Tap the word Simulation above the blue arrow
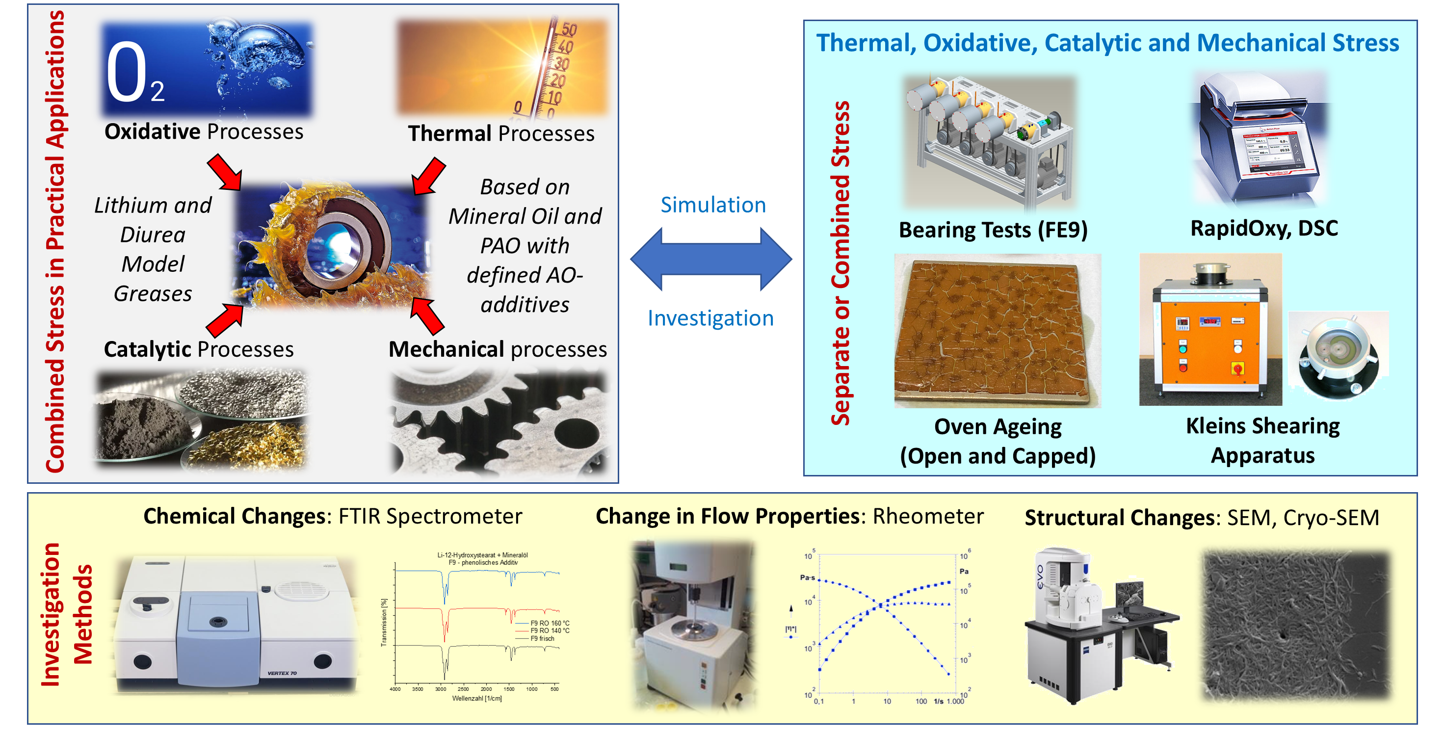[x=713, y=205]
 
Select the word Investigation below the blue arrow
[x=710, y=318]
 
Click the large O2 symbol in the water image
[x=134, y=74]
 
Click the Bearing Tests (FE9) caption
[x=993, y=230]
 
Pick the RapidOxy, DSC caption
[x=1264, y=228]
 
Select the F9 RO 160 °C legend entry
[x=549, y=623]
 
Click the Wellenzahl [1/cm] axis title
[x=477, y=698]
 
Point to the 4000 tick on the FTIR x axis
[x=395, y=689]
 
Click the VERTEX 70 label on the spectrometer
[x=282, y=673]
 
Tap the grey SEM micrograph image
[x=1296, y=626]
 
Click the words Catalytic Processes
[x=199, y=349]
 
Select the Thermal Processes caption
[x=501, y=133]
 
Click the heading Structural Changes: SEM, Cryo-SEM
[x=1202, y=517]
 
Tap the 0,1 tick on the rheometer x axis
[x=819, y=701]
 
